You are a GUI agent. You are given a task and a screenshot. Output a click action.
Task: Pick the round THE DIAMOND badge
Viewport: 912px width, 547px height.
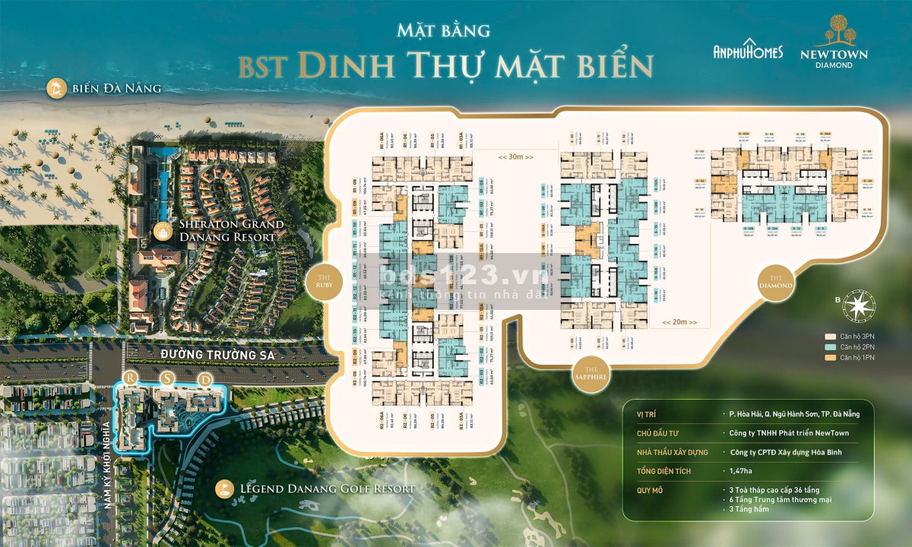point(776,282)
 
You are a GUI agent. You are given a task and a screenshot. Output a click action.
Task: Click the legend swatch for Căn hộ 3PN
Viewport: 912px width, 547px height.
point(830,335)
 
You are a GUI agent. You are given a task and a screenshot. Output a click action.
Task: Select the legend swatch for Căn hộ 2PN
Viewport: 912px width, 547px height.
point(830,346)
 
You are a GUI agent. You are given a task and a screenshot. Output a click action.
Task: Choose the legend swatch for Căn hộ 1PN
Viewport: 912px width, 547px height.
point(830,358)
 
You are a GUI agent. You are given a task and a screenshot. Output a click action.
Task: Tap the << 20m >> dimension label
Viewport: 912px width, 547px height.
point(679,322)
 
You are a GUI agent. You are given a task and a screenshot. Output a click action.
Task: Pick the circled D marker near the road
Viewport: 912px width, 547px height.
point(202,378)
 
